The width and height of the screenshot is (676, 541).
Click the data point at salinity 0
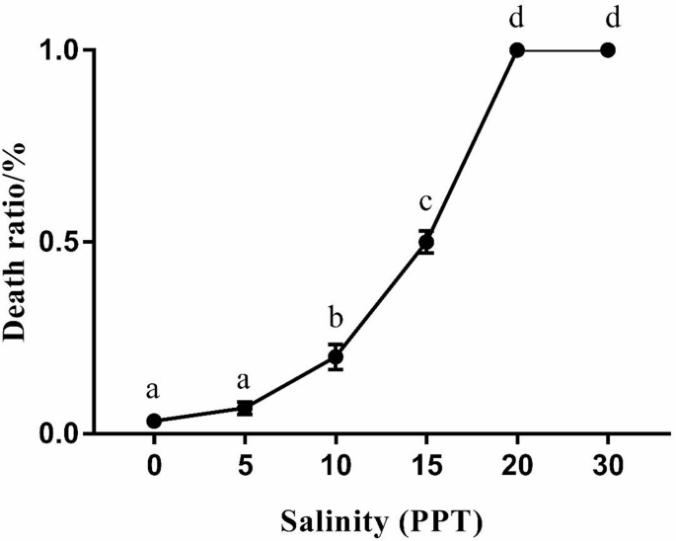(x=154, y=421)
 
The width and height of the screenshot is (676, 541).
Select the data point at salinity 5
(x=245, y=408)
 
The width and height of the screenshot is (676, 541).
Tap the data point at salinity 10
(x=336, y=356)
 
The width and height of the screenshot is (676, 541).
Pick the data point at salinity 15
(x=426, y=242)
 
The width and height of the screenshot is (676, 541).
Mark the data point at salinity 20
(x=517, y=49)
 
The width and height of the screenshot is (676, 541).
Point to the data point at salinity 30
(x=608, y=49)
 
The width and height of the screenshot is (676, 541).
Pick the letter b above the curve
(x=336, y=318)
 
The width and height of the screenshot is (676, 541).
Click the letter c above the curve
(x=426, y=203)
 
